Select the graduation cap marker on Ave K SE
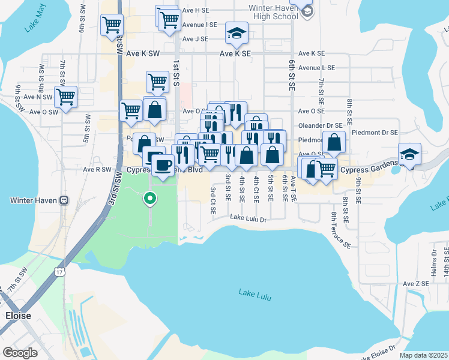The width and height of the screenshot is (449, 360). pos(237,33)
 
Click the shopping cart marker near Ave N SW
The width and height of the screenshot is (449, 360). pos(65,95)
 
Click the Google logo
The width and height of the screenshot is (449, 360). pos(20,353)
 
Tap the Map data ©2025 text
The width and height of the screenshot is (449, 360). pos(423,355)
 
